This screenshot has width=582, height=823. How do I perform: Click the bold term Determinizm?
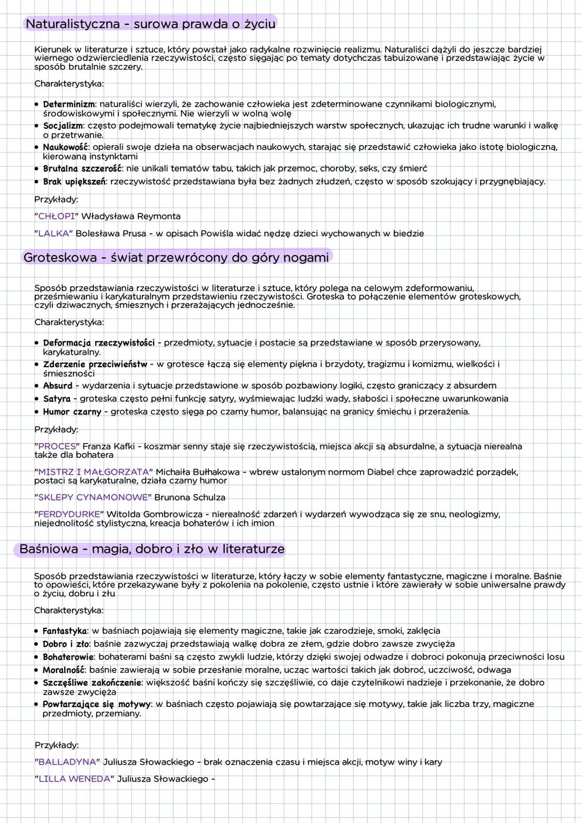tap(69, 104)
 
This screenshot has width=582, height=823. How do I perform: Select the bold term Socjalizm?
tap(63, 126)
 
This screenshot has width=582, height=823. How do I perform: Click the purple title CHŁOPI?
tap(57, 216)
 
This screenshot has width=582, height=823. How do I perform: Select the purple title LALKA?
tap(54, 233)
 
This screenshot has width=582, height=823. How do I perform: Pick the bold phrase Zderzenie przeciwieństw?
tap(95, 364)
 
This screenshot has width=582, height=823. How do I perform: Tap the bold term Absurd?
tap(58, 386)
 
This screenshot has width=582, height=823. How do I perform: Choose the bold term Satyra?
tap(57, 399)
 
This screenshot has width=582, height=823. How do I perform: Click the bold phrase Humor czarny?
tap(72, 412)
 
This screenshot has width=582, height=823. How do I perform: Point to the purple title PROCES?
tap(57, 446)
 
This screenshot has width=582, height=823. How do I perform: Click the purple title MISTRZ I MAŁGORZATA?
tap(93, 472)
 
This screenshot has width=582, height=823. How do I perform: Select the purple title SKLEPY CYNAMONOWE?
tap(93, 497)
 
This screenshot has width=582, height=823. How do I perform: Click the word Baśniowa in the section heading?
tap(48, 549)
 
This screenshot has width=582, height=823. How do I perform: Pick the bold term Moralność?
tap(64, 670)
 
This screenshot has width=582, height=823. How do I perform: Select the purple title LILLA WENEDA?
tap(74, 779)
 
